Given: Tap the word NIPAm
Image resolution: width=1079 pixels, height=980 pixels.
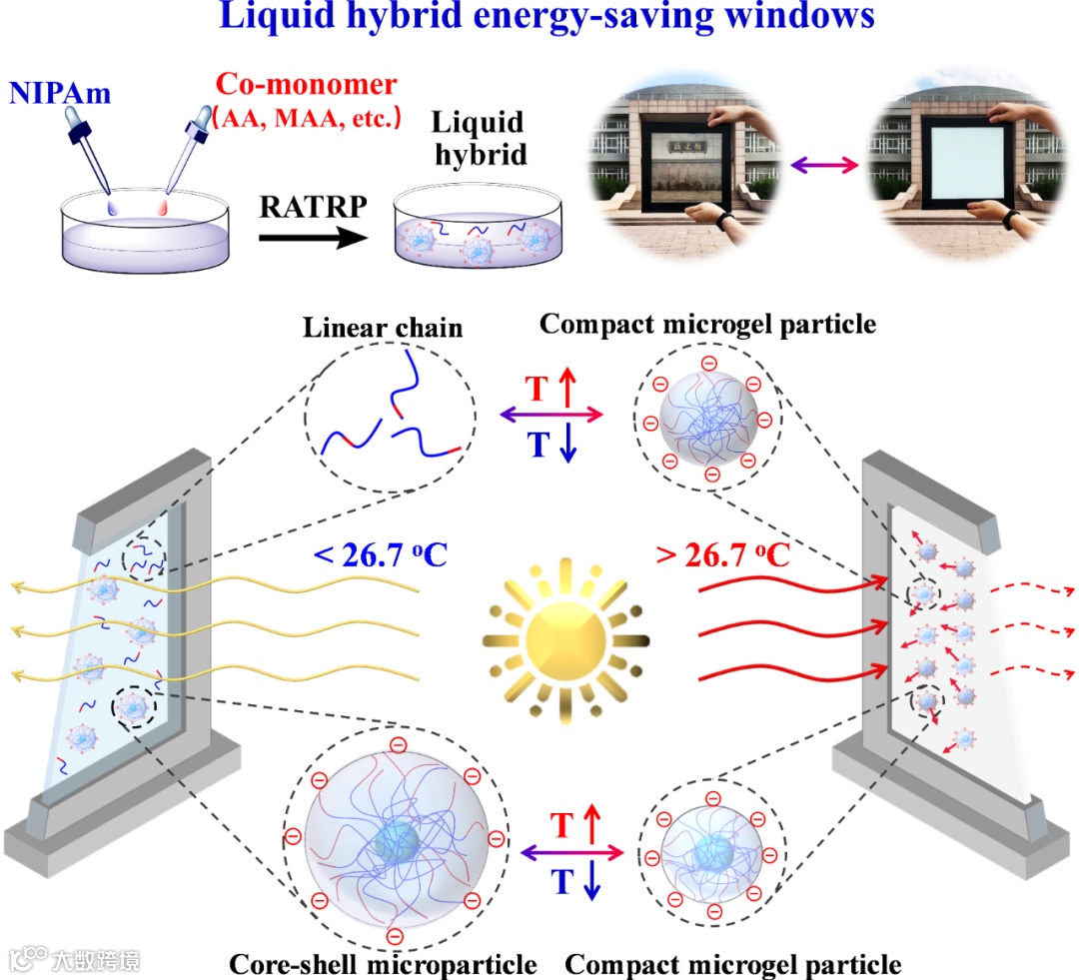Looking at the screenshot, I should (61, 94).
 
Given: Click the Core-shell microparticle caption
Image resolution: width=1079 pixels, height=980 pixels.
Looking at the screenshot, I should (383, 965).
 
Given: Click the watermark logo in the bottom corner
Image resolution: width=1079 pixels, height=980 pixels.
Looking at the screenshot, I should (75, 960).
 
